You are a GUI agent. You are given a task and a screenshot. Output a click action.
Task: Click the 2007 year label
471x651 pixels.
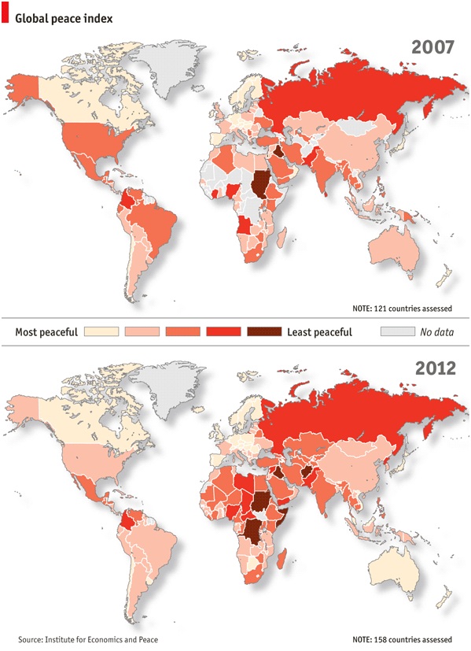pos(433,47)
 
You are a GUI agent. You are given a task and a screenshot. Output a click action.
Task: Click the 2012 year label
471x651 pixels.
pos(433,367)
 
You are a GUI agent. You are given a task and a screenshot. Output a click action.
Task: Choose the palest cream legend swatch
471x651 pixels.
pos(101,332)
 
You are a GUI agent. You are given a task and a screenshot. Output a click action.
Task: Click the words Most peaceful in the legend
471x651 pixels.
pos(46,332)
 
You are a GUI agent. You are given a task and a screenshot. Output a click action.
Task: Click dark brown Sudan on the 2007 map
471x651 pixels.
pos(260,187)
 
